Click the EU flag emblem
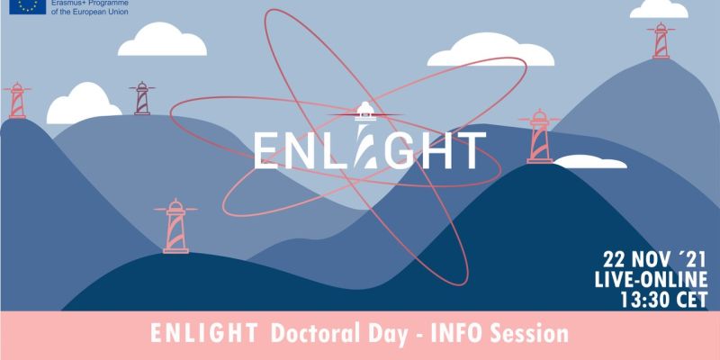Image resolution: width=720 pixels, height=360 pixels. pos(28,6)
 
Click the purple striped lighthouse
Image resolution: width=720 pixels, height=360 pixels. pos(142,98)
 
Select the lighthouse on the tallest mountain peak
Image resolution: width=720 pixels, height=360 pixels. pos(661,40)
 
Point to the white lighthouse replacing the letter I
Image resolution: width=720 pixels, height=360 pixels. pos(365,134)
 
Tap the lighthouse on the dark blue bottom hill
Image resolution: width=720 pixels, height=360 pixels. pos(175,226)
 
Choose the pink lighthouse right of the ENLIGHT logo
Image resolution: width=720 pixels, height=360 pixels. pos(539,137)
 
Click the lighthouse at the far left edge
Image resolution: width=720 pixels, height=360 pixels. pos(17,101)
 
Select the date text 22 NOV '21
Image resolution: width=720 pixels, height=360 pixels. pos(654,261)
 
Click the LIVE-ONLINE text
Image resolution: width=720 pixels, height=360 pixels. pos(651,280)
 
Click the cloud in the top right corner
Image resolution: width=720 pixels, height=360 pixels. pos(659,9)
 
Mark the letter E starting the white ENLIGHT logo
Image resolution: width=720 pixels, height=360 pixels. pos(265,150)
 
